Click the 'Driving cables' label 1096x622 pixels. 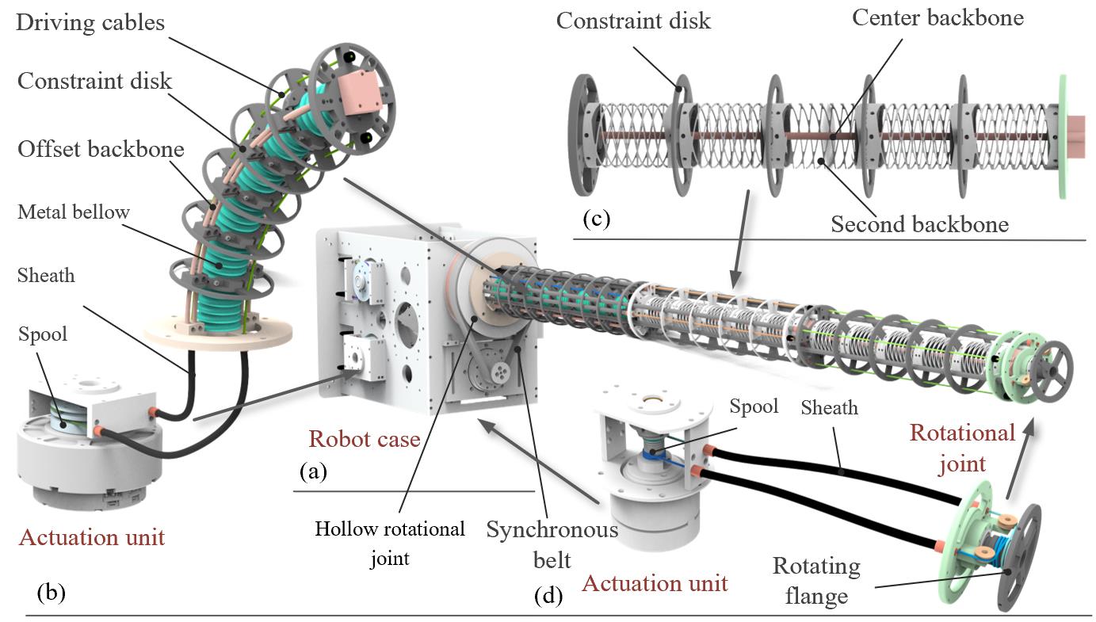[x=90, y=21]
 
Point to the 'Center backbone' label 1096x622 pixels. [x=938, y=17]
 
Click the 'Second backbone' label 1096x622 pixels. [x=919, y=224]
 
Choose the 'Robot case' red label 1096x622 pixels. [x=365, y=438]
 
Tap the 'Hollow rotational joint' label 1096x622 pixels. [x=390, y=544]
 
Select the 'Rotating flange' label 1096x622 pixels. [x=816, y=581]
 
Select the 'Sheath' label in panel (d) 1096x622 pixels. [x=829, y=407]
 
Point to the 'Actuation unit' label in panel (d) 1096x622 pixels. [x=655, y=583]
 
